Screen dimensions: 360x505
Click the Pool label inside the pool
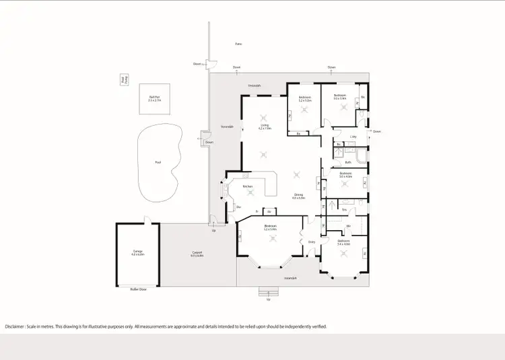(158, 162)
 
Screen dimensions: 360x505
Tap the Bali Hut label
(155, 98)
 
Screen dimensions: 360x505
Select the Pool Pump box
(123, 80)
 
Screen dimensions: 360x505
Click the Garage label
(137, 253)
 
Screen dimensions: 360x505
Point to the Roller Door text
(138, 289)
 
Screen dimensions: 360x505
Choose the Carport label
(197, 253)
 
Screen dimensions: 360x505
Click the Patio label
(238, 44)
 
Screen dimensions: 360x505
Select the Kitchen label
(247, 186)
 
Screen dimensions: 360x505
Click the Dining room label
(298, 196)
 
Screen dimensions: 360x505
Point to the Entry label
(312, 242)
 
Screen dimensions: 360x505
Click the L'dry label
(353, 137)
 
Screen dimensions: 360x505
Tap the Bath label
(348, 161)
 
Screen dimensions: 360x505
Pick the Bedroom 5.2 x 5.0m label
(270, 227)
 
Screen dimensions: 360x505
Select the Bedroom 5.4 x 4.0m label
(343, 242)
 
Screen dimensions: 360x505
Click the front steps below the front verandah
(269, 292)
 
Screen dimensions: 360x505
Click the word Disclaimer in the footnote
(16, 326)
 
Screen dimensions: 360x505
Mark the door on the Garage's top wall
(145, 219)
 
